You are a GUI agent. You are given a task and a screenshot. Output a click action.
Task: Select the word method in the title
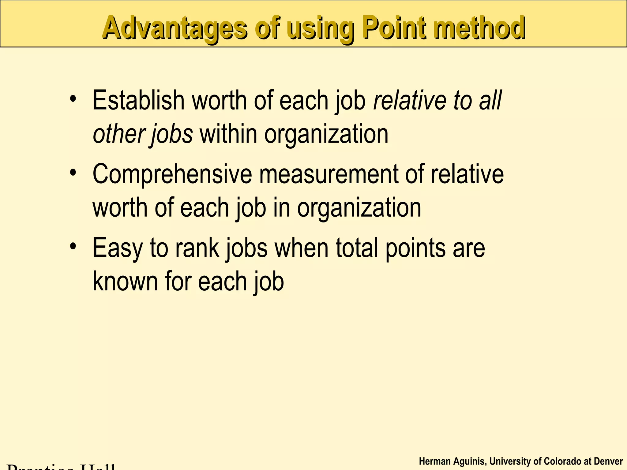tap(479, 28)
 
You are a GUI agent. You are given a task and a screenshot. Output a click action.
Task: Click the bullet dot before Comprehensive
tap(73, 172)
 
